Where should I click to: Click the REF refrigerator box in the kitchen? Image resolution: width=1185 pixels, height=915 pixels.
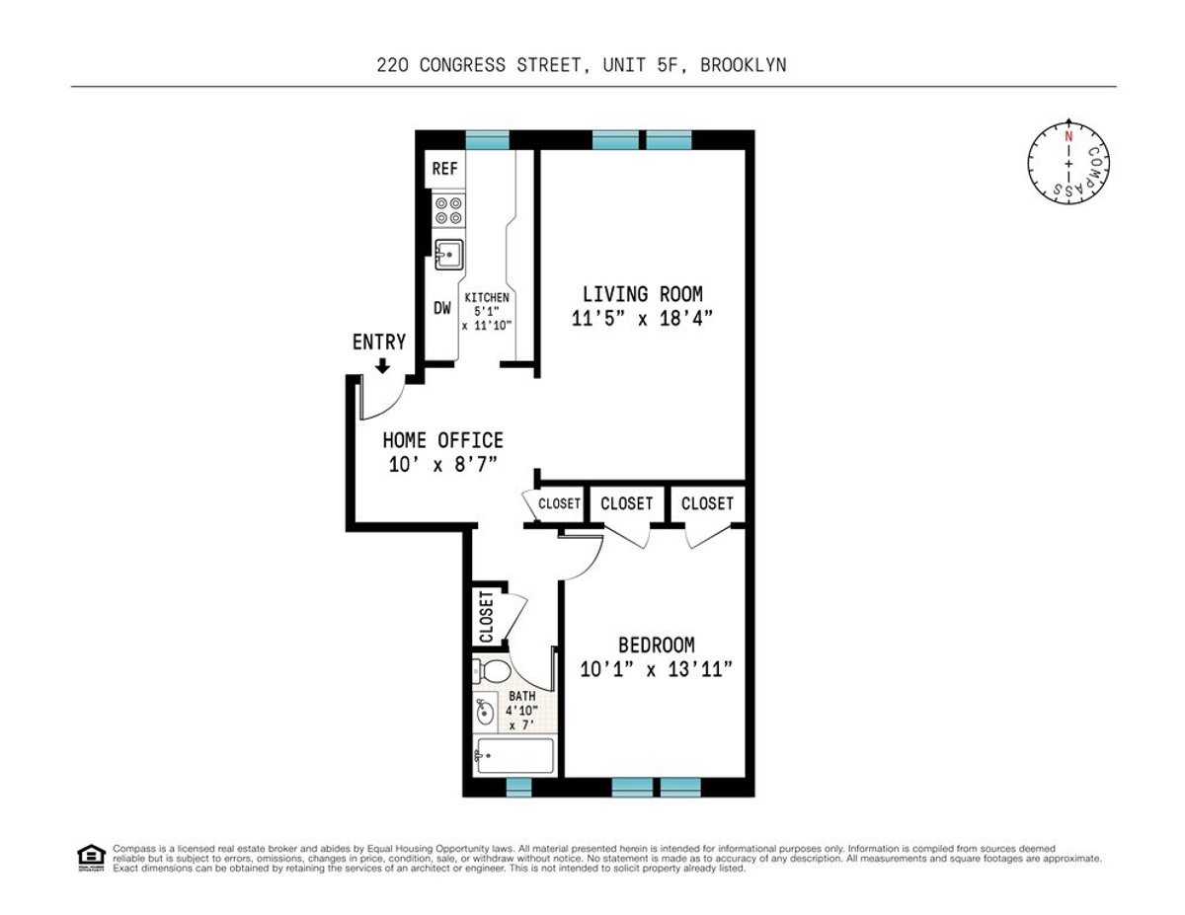coord(445,169)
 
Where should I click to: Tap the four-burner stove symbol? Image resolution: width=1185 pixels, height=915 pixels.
coord(448,209)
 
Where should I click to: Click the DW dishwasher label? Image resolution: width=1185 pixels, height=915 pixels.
coord(442,308)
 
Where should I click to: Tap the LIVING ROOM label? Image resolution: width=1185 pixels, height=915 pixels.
coord(642,294)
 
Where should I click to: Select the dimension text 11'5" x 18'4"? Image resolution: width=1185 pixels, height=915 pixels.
coord(642,319)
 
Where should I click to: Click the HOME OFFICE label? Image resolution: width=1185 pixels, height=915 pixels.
coord(442,440)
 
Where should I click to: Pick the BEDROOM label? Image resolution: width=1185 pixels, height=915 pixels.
coord(656,646)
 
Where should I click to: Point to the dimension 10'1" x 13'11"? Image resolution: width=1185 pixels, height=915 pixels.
coord(656,669)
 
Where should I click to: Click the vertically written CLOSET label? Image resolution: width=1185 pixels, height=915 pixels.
coord(486,617)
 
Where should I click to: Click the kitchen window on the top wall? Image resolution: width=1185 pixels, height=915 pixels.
coord(487,140)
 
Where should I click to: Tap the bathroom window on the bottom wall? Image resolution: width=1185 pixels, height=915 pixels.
coord(518,787)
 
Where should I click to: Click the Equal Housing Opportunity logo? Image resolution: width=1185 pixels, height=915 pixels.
coord(90,857)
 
